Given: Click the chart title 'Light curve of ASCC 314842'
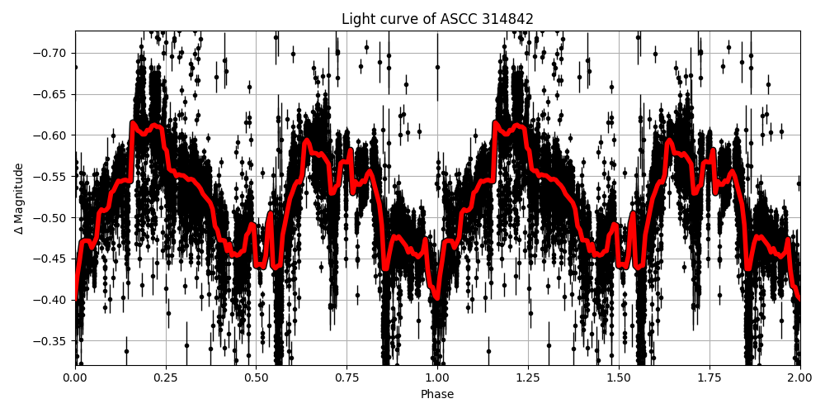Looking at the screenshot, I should (x=437, y=19).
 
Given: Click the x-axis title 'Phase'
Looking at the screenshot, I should (x=437, y=395).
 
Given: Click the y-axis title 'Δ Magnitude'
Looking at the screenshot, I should (x=19, y=198).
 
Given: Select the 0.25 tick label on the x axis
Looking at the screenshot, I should (x=166, y=377).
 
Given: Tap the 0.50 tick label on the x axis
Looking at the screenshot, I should (x=257, y=377).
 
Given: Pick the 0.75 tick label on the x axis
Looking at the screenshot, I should (x=347, y=377).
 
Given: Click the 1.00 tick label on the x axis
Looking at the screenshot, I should (x=437, y=377).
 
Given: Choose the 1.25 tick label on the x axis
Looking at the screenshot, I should (x=528, y=377).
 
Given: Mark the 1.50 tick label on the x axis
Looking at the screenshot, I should (x=619, y=377).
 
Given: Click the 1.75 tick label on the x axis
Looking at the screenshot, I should (x=709, y=377).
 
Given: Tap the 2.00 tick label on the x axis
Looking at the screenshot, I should (x=800, y=377).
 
